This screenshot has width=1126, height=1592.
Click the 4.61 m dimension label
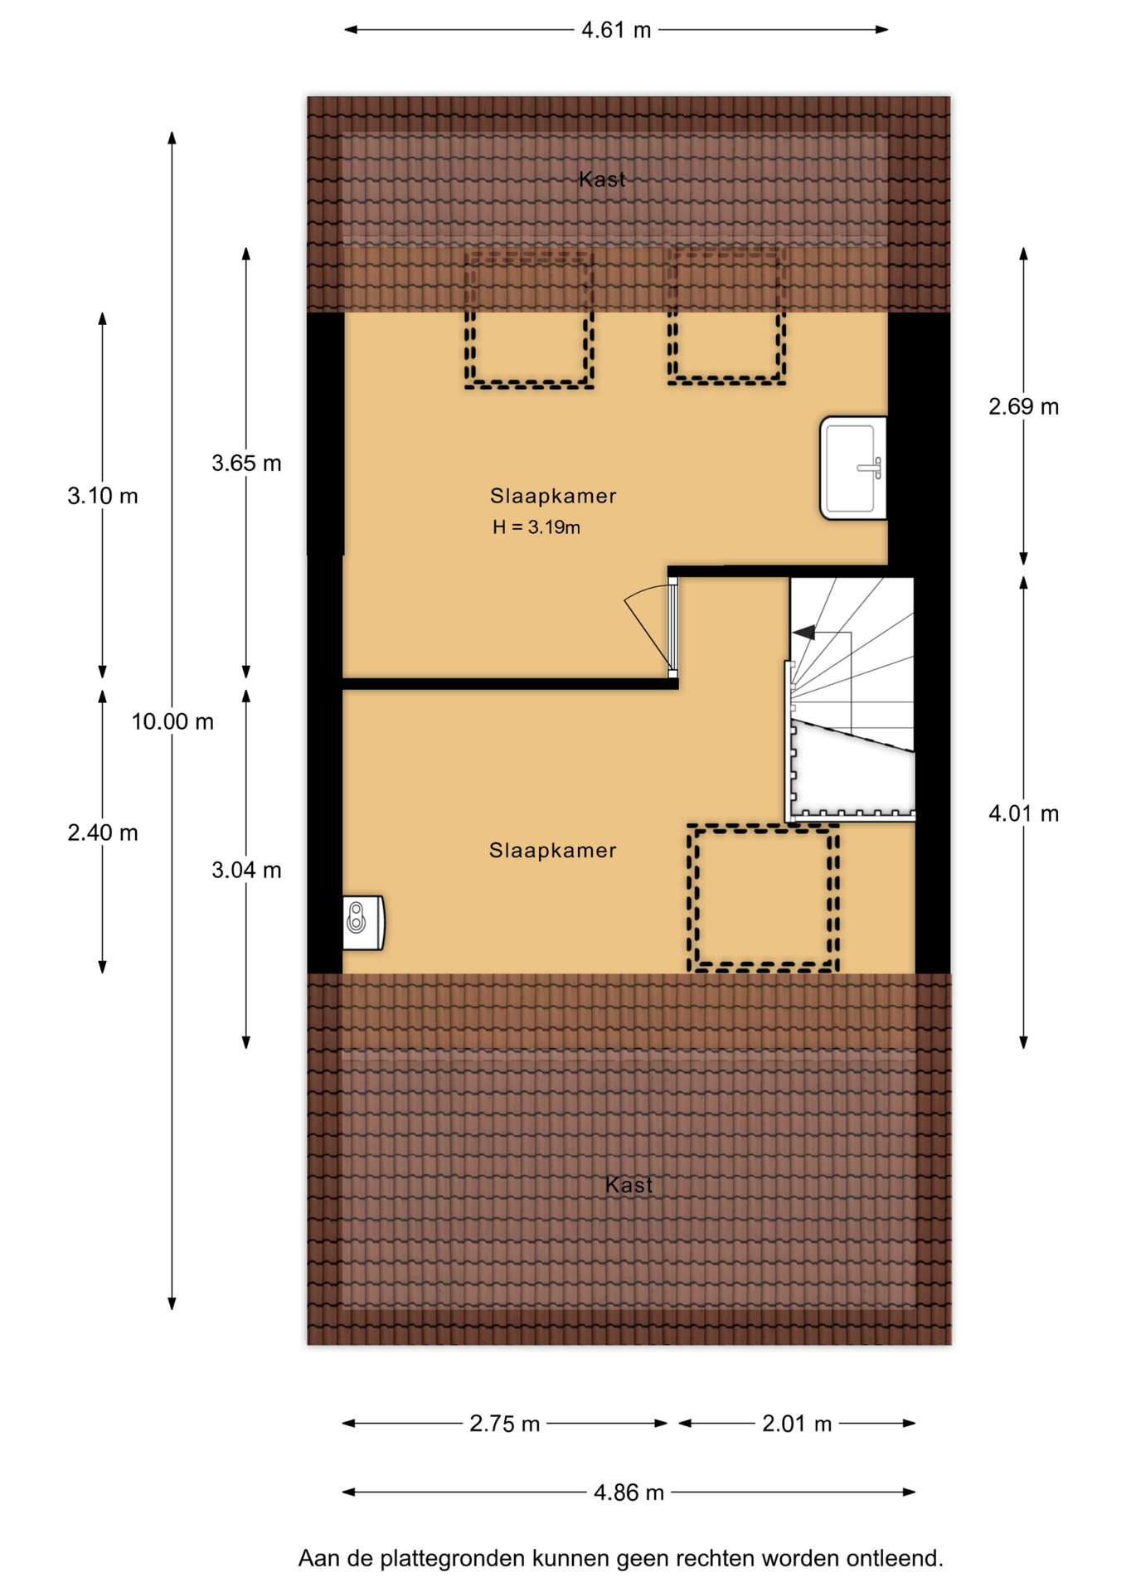coord(616,31)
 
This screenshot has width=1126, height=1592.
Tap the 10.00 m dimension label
coord(172,722)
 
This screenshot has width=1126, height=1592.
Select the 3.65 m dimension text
coord(246,464)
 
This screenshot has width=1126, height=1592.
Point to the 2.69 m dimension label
coord(1023,407)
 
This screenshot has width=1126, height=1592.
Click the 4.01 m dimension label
coord(1023,814)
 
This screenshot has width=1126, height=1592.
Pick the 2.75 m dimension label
coord(504,1425)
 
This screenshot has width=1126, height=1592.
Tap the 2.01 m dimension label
coord(796,1425)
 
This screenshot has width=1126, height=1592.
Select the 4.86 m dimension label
coord(629,1493)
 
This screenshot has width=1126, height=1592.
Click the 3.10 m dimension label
coord(103,497)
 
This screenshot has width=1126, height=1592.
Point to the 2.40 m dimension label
coord(103,833)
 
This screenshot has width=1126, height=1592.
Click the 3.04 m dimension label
coord(246,871)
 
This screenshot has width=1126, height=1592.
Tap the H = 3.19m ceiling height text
coord(536,527)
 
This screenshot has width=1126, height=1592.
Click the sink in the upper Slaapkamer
coord(853,468)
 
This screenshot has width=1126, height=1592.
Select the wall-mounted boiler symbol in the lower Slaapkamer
coord(363,923)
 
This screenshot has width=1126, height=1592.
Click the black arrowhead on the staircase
coord(803,633)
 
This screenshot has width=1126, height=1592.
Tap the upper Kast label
coord(602,179)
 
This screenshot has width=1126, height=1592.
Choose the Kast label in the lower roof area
coord(629,1186)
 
